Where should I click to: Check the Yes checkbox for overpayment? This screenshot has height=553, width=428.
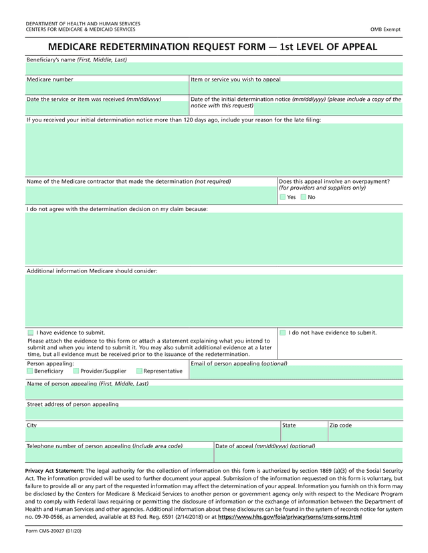coord(283,197)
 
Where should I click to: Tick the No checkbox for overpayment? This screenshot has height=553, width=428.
coord(304,197)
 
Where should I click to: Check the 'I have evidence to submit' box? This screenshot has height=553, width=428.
coord(31,333)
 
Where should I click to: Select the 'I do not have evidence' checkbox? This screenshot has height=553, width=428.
coord(283,333)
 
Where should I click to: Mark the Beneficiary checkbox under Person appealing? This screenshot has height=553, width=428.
coord(29,371)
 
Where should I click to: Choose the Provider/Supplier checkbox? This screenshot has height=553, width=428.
coord(76,371)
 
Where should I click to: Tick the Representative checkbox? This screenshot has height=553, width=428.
coord(139,371)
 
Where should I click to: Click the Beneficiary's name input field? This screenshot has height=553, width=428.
coord(214,69)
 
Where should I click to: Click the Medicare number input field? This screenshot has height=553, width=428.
coord(107,88)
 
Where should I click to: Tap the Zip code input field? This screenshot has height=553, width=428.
coord(365,435)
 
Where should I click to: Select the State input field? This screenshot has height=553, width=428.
coord(304,435)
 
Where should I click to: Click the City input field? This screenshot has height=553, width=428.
coord(152,435)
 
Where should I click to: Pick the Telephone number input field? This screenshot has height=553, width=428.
coord(119,455)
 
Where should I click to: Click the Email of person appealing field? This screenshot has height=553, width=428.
coord(296,373)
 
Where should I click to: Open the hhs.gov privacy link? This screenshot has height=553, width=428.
coord(290,517)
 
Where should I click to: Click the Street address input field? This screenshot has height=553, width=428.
coord(214,413)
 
